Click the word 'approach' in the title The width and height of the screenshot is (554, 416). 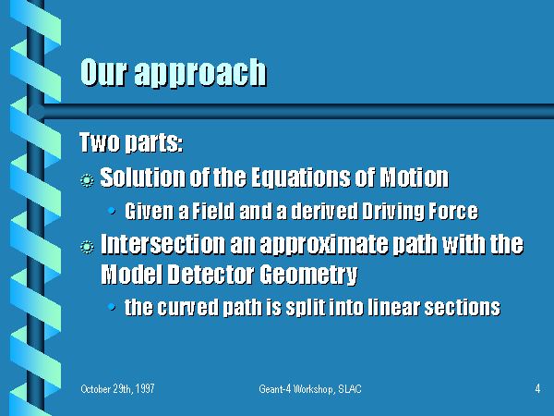coord(200,73)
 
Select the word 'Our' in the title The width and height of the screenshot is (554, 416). coord(103,72)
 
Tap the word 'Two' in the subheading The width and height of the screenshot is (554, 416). coord(100,142)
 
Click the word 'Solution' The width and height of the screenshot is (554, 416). coord(143,177)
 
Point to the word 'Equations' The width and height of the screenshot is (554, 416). coord(301,177)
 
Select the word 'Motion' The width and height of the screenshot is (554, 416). coord(414,177)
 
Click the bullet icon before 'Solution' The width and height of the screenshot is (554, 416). coord(87,180)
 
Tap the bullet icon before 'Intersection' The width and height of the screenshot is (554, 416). coord(87,247)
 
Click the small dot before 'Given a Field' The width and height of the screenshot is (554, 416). coord(112,211)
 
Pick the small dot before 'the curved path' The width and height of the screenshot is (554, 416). coord(112,307)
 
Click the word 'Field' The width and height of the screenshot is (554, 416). coord(213,211)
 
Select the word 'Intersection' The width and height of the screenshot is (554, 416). coord(163,244)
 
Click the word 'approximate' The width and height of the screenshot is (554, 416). coord(324,245)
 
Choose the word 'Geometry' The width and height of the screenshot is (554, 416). coord(308,275)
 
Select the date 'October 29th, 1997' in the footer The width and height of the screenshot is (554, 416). coord(117,389)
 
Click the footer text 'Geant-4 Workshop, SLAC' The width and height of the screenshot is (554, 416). coord(310,389)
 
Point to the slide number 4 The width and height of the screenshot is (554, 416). coord(537,389)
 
